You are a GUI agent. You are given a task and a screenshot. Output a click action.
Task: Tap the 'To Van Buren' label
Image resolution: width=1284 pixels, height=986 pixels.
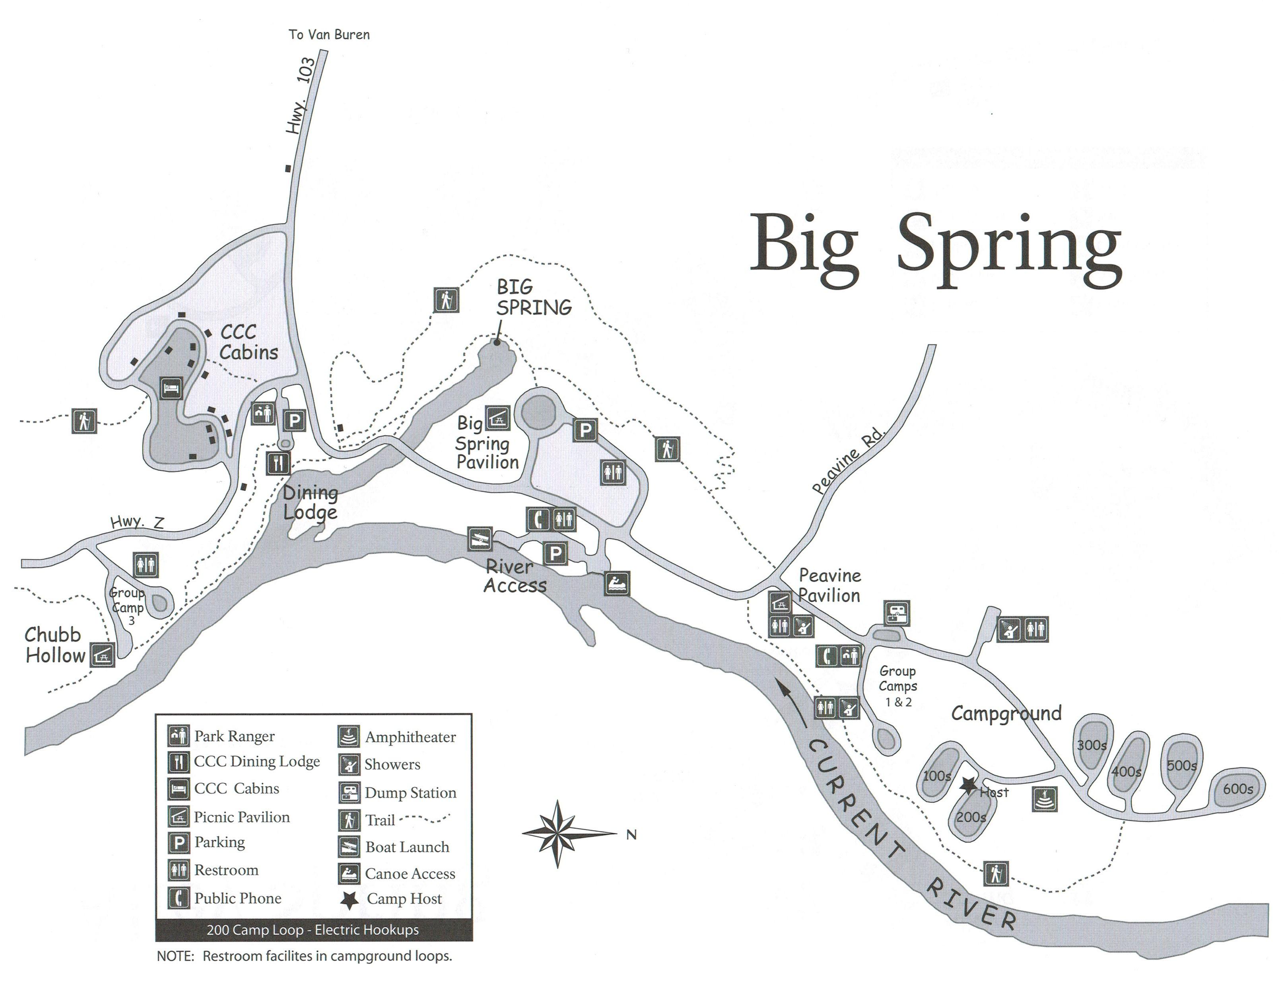[329, 35]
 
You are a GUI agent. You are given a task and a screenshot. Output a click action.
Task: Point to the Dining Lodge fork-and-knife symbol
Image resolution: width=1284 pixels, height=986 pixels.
[278, 463]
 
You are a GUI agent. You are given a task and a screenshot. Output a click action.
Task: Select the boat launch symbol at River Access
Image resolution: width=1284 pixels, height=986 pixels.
[480, 538]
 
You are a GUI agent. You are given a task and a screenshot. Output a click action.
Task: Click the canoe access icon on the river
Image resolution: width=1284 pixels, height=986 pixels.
[617, 583]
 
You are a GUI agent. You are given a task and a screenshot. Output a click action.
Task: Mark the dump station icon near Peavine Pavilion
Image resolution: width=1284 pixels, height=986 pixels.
[897, 613]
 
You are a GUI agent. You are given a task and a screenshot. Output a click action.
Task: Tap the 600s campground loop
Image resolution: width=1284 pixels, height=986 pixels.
[1237, 788]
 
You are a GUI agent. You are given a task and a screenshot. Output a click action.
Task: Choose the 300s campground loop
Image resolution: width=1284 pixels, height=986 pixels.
[1092, 744]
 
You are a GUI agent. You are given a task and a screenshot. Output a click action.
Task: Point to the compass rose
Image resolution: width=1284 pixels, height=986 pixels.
[558, 833]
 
